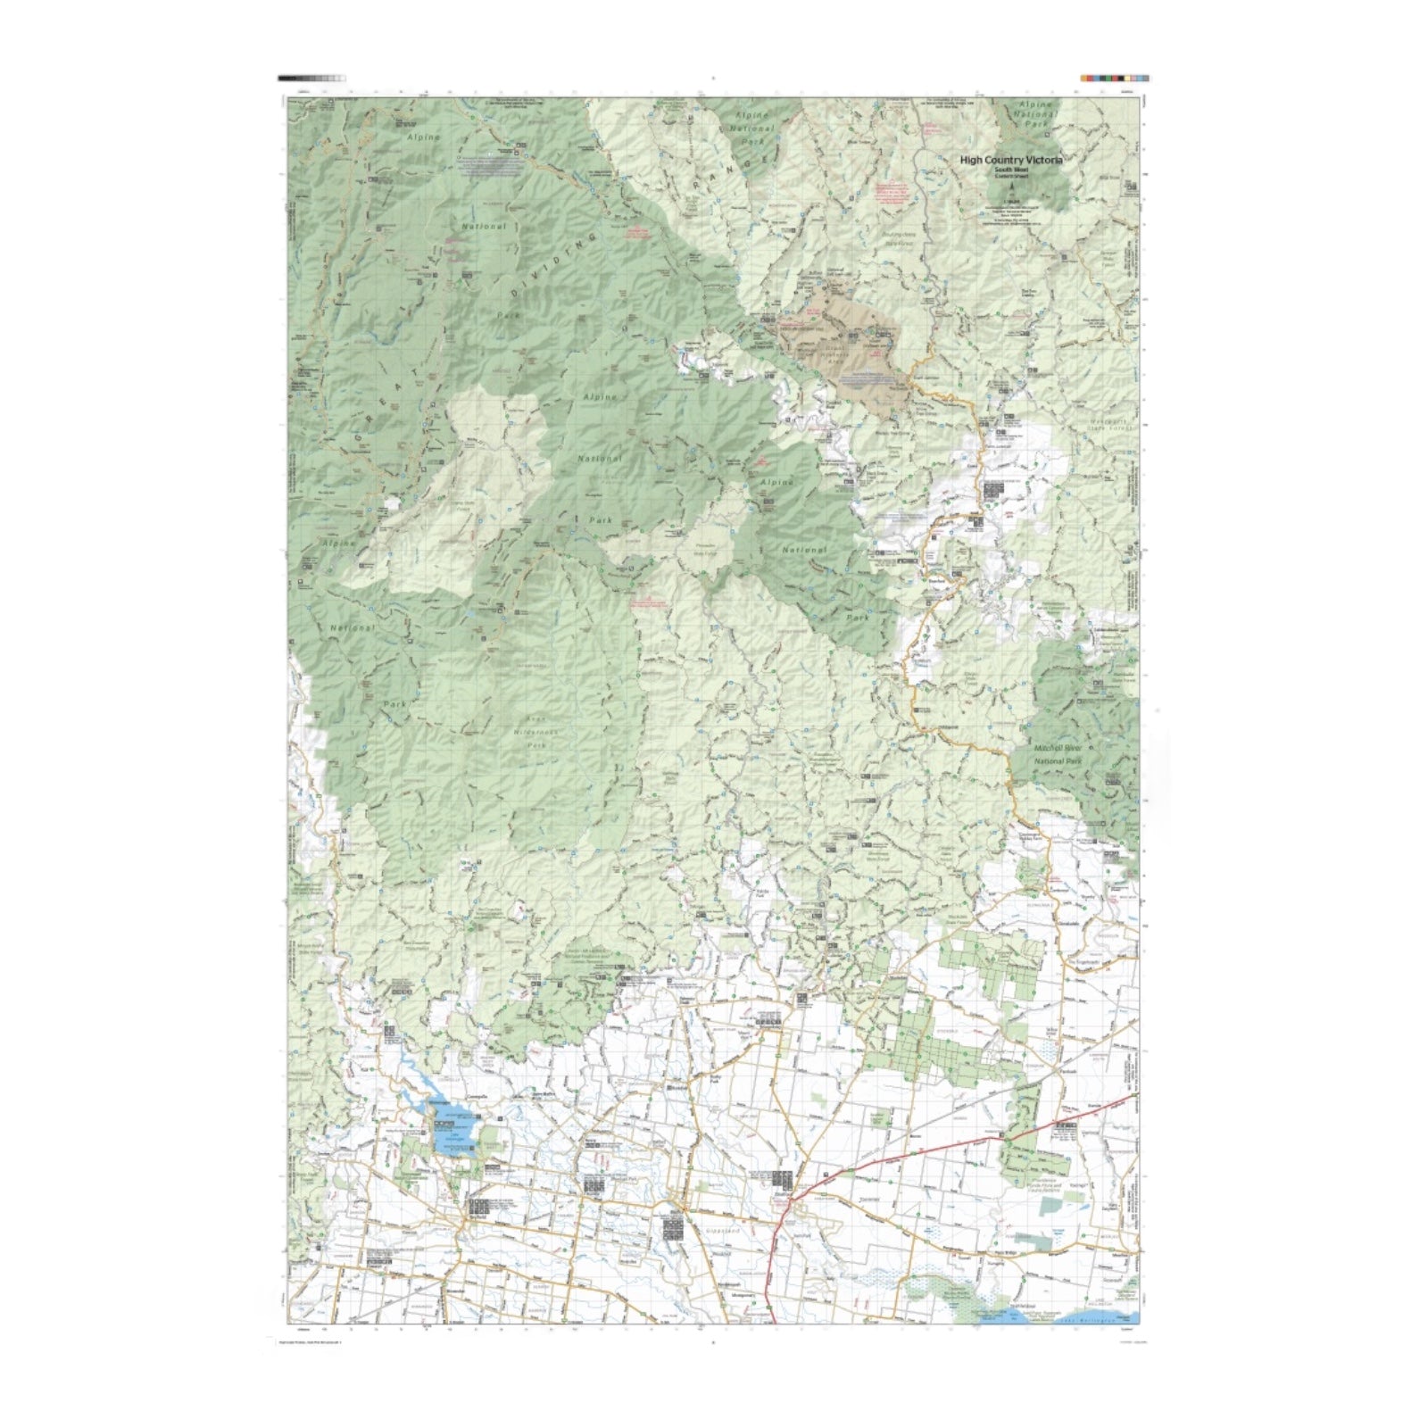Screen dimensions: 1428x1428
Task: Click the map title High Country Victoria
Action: (x=1010, y=161)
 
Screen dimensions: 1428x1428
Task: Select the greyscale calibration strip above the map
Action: (x=311, y=79)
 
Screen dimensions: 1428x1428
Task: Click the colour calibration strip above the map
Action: (x=1114, y=79)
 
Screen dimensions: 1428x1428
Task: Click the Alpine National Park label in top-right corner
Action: (x=1037, y=114)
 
